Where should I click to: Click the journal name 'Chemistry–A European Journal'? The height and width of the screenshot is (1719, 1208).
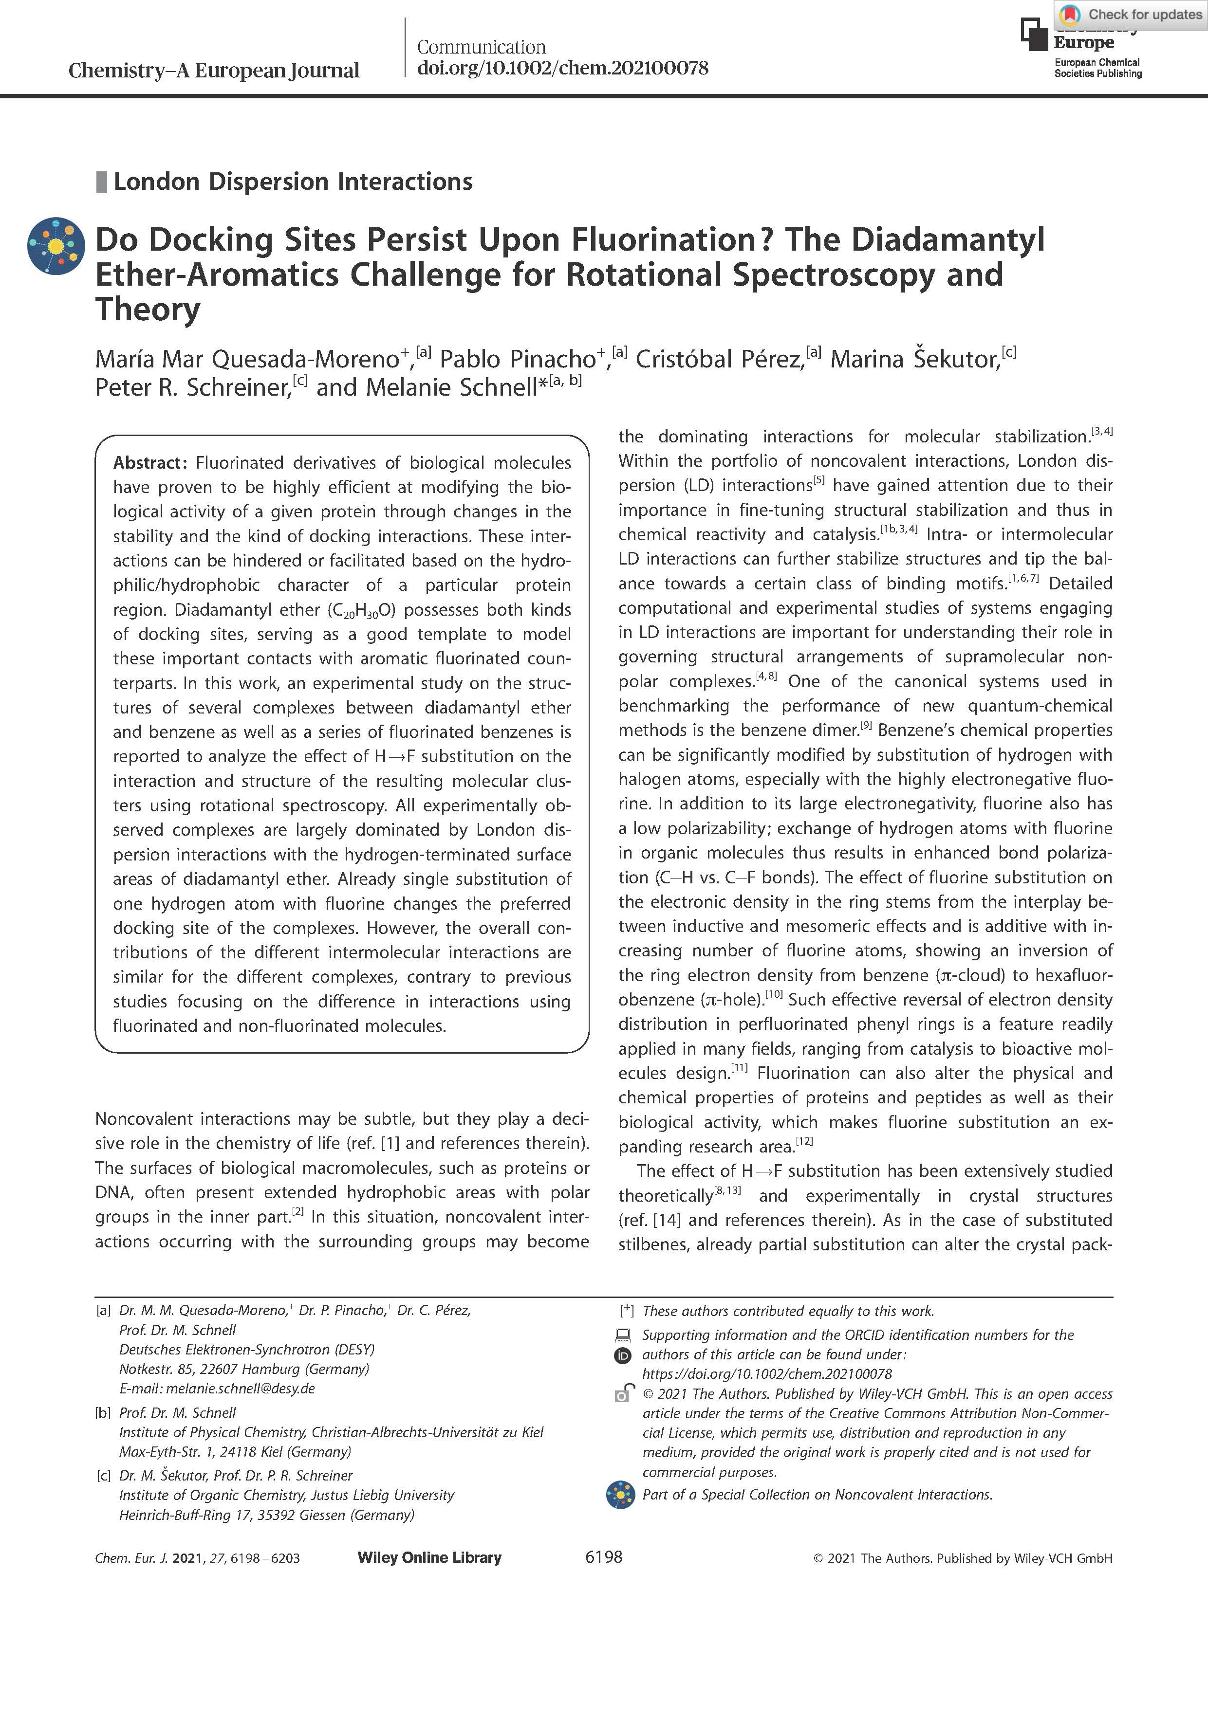pyautogui.click(x=213, y=71)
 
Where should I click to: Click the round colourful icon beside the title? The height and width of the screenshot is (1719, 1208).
pyautogui.click(x=56, y=246)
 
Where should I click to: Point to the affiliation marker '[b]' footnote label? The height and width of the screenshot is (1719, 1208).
pyautogui.click(x=103, y=1413)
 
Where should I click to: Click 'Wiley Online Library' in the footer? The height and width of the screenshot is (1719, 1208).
pyautogui.click(x=429, y=1558)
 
